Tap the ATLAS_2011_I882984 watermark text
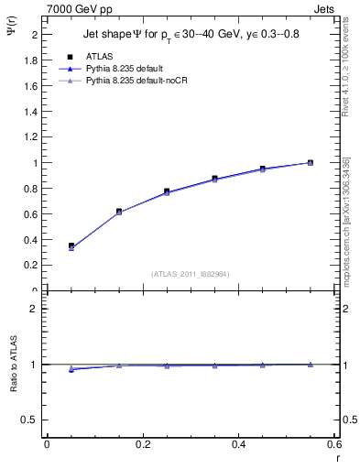point(191,274)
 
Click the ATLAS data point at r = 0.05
point(71,245)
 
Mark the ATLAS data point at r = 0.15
point(119,212)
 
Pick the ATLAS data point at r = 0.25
point(167,191)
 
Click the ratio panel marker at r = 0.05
point(71,369)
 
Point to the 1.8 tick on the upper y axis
point(31,60)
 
